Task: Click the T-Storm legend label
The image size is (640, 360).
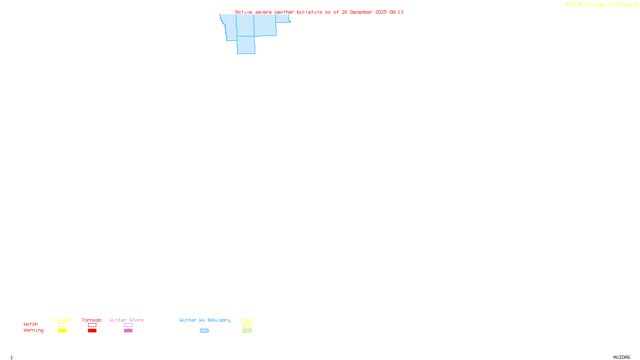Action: point(62,320)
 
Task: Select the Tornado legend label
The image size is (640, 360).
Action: point(92,320)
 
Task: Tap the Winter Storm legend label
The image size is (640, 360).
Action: point(126,320)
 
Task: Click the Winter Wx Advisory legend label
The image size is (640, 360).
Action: point(205,320)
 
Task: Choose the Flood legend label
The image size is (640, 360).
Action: point(247,320)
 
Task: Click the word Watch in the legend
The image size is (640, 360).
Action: point(31,324)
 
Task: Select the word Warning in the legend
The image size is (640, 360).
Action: point(34,330)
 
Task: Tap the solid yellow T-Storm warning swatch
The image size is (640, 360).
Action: point(62,331)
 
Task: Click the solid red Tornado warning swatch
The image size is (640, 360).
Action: point(92,331)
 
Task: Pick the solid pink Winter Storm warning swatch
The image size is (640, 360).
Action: point(128,331)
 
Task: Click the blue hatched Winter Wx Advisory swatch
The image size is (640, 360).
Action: point(204,331)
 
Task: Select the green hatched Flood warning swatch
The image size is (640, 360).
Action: point(247,331)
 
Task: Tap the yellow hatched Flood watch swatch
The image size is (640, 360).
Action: point(247,325)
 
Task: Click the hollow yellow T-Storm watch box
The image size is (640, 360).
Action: point(62,325)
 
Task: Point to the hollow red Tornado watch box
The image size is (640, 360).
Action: point(92,325)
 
